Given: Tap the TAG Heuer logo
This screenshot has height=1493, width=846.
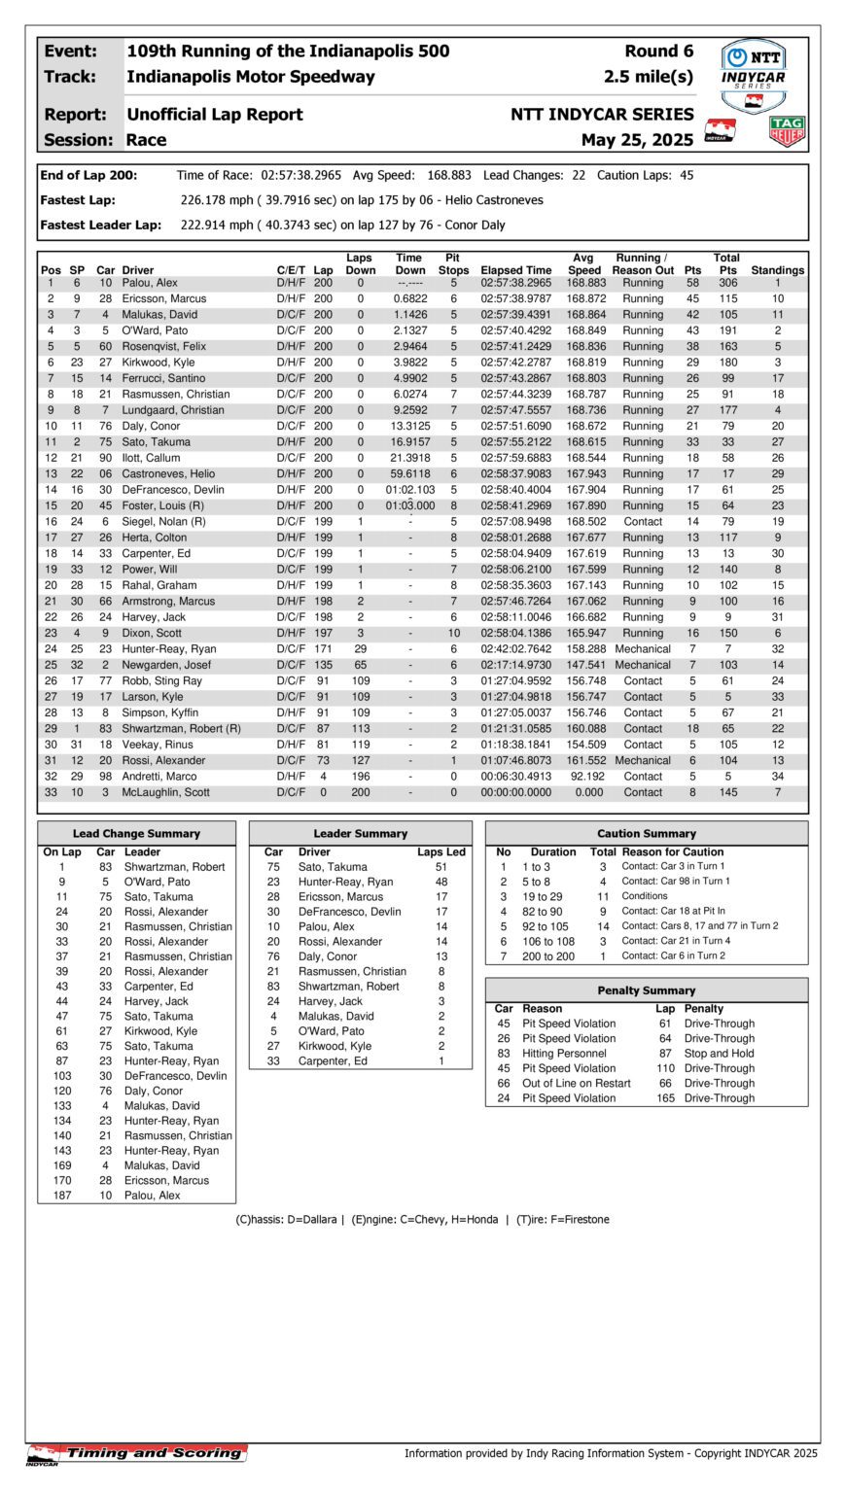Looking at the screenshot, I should coord(787,131).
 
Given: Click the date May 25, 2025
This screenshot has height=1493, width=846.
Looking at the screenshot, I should coord(637,140).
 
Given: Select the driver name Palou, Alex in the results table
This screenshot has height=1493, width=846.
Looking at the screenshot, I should coord(150,283).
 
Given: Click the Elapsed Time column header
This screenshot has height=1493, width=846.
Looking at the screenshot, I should coord(515,270).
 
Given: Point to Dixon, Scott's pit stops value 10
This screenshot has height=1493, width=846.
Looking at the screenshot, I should coord(453,633).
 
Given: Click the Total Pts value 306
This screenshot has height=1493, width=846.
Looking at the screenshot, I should coord(727,283).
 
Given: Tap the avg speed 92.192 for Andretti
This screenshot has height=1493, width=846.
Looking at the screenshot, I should coord(585,777).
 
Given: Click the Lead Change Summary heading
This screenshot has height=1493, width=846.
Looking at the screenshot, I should coord(136,833).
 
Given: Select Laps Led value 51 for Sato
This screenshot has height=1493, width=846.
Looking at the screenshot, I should coord(441,867).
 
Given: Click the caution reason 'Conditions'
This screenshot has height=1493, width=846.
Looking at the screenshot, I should coord(645,896).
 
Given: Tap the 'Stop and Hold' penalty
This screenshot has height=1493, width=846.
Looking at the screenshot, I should coord(719,1054).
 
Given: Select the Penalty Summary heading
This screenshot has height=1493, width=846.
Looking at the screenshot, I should coord(646,990).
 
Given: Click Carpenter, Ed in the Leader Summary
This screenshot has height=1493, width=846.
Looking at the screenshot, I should coord(333,1060).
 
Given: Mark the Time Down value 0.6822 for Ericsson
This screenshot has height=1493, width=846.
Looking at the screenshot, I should coord(410,298).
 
